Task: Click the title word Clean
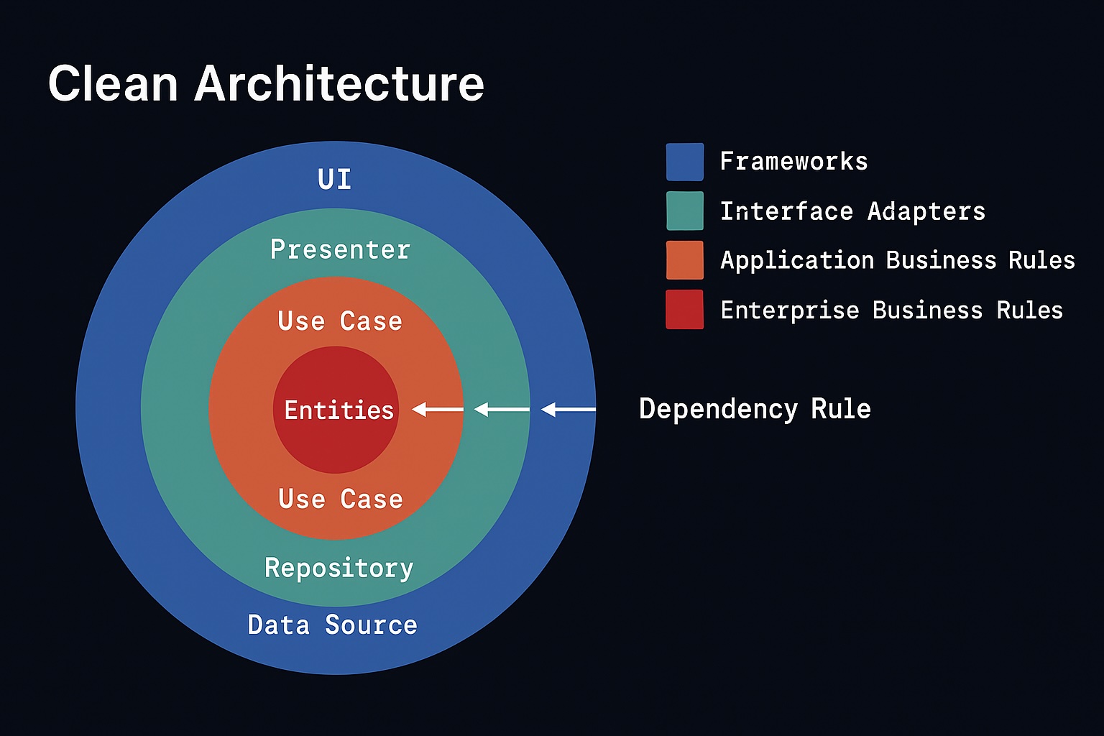[x=113, y=83]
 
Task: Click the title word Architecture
[x=339, y=83]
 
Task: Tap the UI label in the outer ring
[x=335, y=179]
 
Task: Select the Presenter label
[x=340, y=249]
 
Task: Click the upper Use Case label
[x=340, y=321]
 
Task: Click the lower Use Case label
[x=341, y=499]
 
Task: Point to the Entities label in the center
[x=339, y=410]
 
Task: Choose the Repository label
[x=339, y=568]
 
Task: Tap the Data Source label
[x=332, y=625]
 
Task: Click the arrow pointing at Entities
[x=438, y=410]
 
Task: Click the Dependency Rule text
[x=755, y=409]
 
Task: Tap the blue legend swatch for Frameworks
[x=684, y=162]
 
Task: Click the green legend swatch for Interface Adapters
[x=684, y=211]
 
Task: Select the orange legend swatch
[x=684, y=259]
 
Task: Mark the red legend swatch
[x=684, y=310]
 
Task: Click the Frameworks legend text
[x=793, y=162]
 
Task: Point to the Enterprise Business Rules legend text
[x=891, y=310]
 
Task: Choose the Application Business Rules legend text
[x=898, y=260]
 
